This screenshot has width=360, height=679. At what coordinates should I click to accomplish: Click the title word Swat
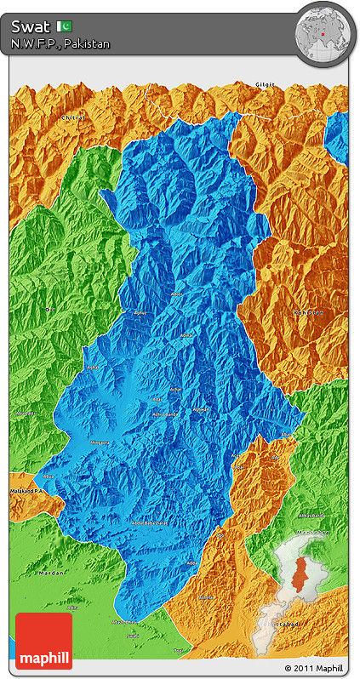(31, 26)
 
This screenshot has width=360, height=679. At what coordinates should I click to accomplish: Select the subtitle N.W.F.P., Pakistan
(60, 43)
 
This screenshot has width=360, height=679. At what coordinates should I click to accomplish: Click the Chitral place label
(73, 117)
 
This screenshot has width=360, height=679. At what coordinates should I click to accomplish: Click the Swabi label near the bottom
(133, 634)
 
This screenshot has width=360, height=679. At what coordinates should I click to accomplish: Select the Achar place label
(177, 388)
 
